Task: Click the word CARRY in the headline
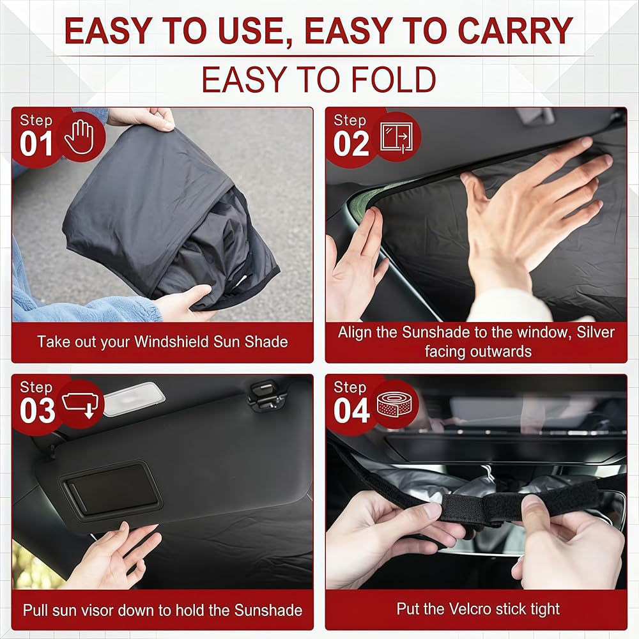click(515, 31)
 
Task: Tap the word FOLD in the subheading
click(393, 79)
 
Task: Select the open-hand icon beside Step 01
click(80, 137)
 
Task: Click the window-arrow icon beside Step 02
click(396, 138)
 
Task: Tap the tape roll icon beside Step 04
click(393, 404)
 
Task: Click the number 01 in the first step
click(36, 144)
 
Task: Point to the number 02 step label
click(351, 144)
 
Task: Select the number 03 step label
click(38, 411)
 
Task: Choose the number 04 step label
click(351, 411)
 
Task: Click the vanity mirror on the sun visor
click(111, 490)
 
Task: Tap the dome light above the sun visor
click(134, 399)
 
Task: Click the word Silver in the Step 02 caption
click(596, 332)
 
